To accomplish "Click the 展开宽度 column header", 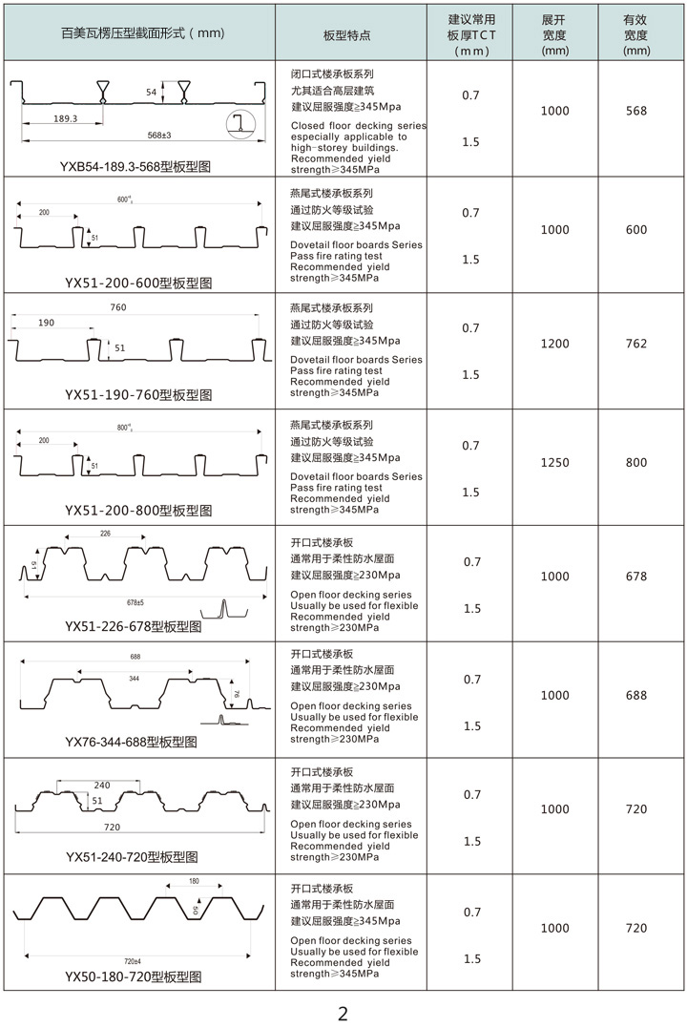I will pyautogui.click(x=554, y=33).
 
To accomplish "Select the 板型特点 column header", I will pyautogui.click(x=347, y=33).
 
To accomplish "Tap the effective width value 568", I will pyautogui.click(x=636, y=111).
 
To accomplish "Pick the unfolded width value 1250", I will pyautogui.click(x=554, y=462).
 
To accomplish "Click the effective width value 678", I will pyautogui.click(x=636, y=577).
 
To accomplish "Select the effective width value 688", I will pyautogui.click(x=636, y=696).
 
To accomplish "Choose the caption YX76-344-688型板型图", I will pyautogui.click(x=131, y=742).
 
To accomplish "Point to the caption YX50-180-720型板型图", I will pyautogui.click(x=134, y=976).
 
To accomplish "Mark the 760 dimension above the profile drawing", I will pyautogui.click(x=117, y=307).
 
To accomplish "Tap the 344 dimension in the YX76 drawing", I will pyautogui.click(x=135, y=677).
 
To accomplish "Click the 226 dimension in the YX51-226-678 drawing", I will pyautogui.click(x=104, y=534).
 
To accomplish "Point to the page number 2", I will pyautogui.click(x=343, y=1014).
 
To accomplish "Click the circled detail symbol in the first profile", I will pyautogui.click(x=240, y=125).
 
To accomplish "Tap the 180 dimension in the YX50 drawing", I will pyautogui.click(x=194, y=881).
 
